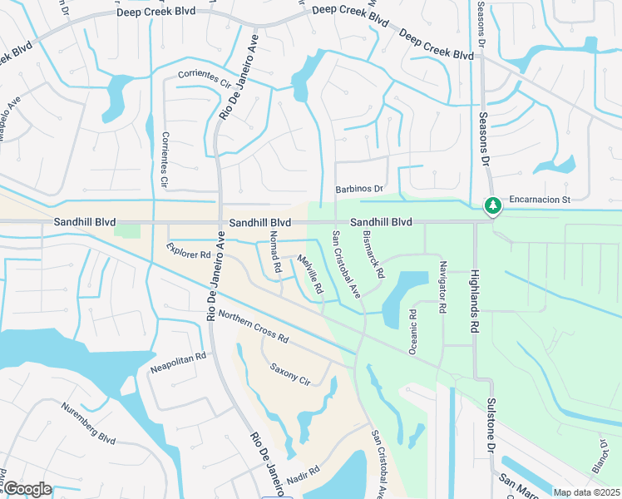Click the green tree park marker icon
click(x=493, y=205)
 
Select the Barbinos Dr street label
click(x=359, y=190)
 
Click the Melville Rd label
click(x=309, y=276)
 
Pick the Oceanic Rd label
click(x=412, y=332)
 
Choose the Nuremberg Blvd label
click(x=88, y=423)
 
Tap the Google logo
click(x=27, y=489)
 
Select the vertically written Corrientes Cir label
click(x=165, y=158)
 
